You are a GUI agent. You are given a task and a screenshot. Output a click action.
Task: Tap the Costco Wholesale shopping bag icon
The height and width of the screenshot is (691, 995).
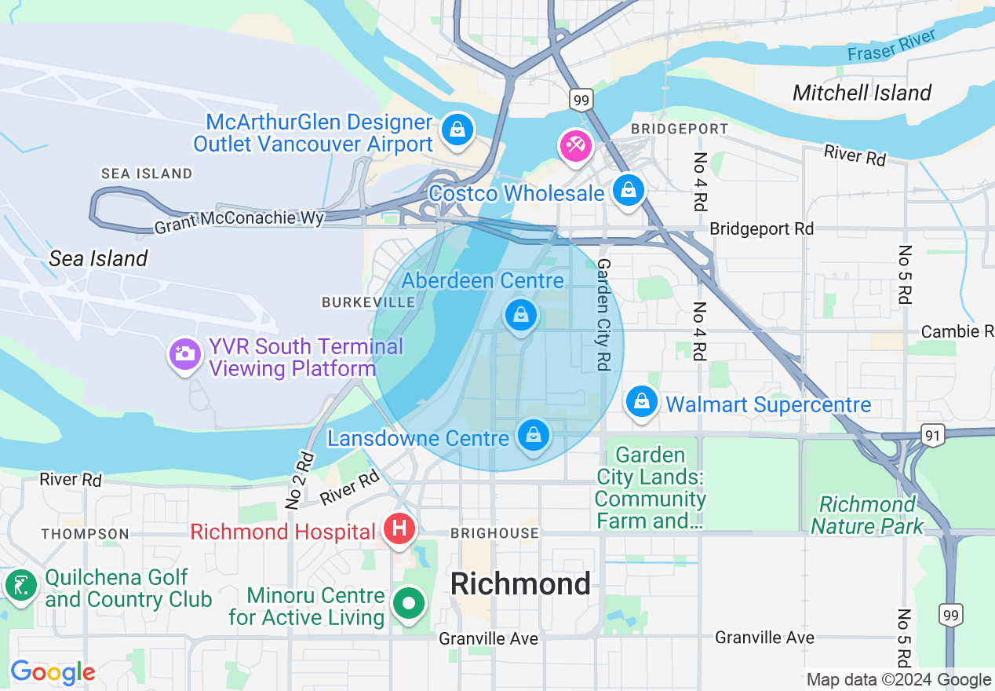tap(628, 190)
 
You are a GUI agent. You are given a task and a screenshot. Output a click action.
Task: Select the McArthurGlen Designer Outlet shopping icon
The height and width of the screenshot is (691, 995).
tap(457, 130)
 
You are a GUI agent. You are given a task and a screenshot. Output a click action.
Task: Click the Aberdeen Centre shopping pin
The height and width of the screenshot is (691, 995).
tap(520, 316)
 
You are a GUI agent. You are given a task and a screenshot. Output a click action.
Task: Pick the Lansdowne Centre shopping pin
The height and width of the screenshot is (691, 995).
tap(534, 433)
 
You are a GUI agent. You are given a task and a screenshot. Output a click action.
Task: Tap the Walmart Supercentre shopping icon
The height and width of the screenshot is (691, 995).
tap(642, 402)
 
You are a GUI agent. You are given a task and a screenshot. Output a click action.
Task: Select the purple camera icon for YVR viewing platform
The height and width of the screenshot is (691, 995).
tap(185, 354)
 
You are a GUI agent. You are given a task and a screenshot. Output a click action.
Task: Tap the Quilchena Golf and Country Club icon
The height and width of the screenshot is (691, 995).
tap(20, 585)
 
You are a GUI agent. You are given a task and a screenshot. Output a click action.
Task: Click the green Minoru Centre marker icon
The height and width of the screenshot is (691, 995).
tap(409, 605)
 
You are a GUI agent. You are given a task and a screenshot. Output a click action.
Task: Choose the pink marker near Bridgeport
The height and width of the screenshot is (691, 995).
tap(574, 145)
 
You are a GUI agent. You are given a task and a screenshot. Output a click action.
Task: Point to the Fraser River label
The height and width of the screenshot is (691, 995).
tap(891, 46)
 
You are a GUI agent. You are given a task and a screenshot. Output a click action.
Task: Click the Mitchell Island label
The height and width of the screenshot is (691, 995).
tap(862, 93)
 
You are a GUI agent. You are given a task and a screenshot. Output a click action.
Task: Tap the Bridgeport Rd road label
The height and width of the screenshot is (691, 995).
tap(761, 229)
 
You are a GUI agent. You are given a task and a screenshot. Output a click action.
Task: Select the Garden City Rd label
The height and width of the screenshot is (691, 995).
tap(603, 314)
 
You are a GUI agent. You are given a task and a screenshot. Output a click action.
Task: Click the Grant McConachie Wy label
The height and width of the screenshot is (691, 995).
tap(239, 219)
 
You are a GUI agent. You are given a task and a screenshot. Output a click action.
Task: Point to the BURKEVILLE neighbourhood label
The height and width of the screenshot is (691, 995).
tap(368, 302)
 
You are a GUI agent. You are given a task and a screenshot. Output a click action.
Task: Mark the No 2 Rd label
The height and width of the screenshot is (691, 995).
tap(300, 480)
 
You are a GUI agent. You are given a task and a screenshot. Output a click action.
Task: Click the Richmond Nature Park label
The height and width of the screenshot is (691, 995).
tap(867, 515)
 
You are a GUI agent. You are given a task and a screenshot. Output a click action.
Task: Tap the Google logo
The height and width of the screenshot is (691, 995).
tap(53, 672)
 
